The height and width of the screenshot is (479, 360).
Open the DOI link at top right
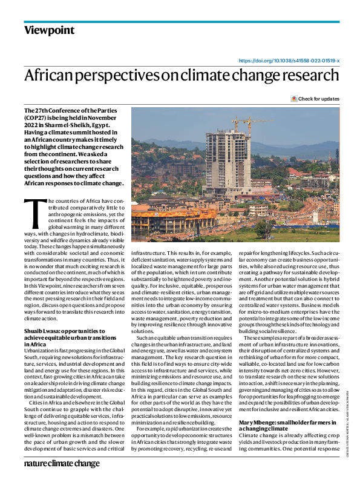point(289,61)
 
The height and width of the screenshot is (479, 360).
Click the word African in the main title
point(50,76)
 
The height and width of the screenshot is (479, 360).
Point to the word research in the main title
point(309,76)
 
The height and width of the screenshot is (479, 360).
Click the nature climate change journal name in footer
point(62,463)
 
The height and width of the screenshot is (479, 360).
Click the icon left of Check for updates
point(294,99)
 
